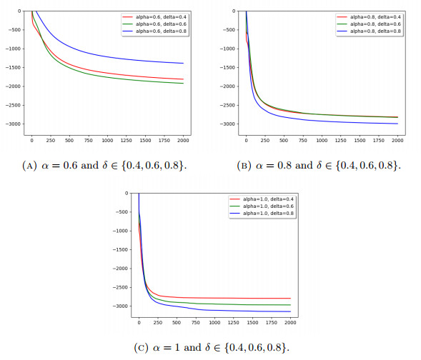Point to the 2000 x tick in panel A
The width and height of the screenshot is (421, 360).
tap(183, 139)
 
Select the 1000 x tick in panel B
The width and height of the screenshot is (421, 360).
tap(321, 139)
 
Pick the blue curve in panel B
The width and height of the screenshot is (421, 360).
tap(322, 119)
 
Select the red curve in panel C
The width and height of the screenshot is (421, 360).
tap(214, 297)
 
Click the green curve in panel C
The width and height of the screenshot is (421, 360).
tap(214, 304)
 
